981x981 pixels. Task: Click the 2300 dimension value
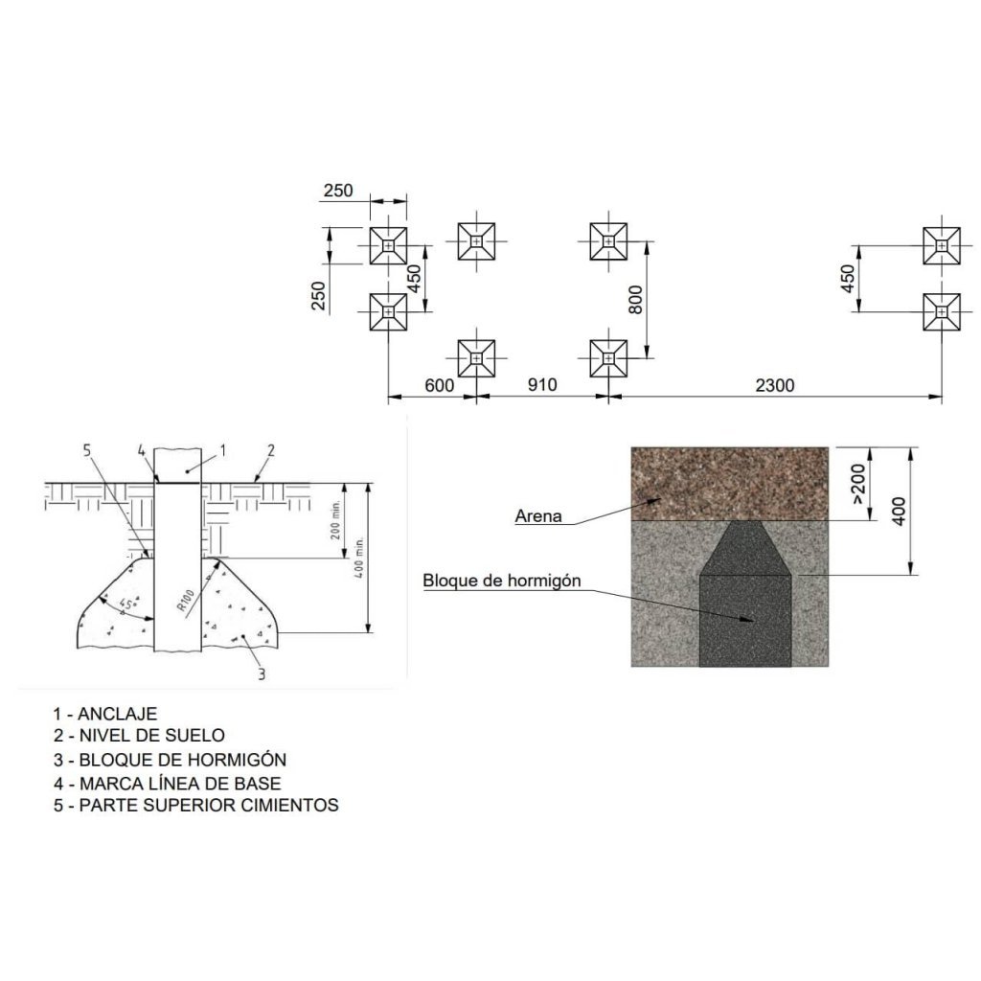(x=774, y=385)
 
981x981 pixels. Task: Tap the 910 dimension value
(x=542, y=384)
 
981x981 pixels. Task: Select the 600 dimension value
(x=439, y=385)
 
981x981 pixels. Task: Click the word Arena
(x=538, y=516)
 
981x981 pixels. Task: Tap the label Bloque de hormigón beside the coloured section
(x=502, y=581)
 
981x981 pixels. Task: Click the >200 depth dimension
(x=858, y=483)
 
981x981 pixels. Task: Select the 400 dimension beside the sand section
(x=899, y=512)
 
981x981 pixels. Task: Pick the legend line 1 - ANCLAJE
(x=105, y=713)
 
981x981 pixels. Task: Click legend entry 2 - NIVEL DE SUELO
(x=139, y=735)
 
